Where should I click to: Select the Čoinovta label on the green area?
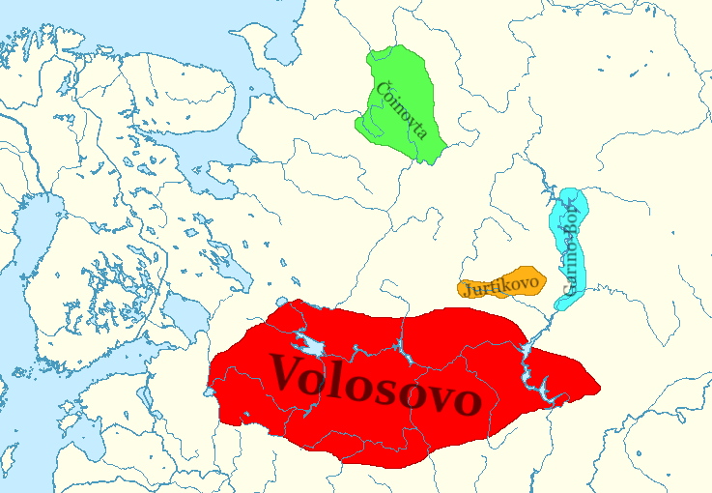399,109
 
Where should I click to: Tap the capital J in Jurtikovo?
467,289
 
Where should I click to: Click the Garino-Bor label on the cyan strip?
569,246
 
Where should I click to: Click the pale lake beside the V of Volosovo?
313,344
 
